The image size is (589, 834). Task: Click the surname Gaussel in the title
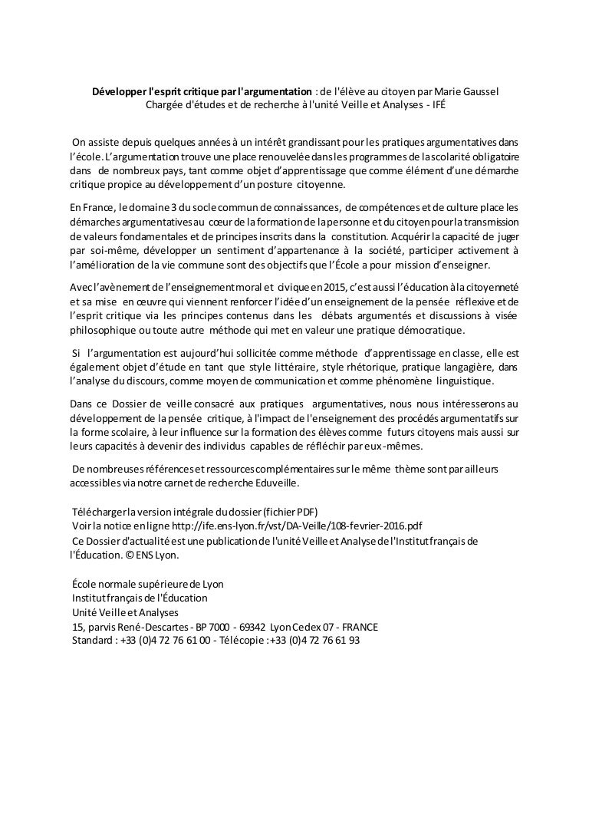tap(478, 91)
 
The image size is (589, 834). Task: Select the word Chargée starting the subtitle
tap(163, 105)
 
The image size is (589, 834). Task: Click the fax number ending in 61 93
tap(315, 640)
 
